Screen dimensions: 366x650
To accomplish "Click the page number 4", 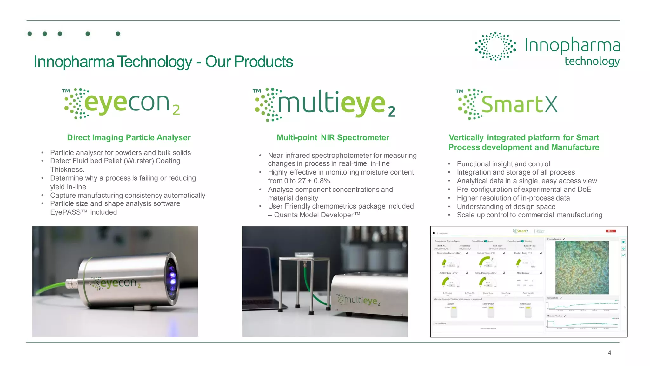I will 609,353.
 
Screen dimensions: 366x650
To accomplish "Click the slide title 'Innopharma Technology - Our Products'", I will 163,62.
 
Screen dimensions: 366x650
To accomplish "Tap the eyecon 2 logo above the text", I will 122,104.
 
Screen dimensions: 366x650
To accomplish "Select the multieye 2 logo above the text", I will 324,104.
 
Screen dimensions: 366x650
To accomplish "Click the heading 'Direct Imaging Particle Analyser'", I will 129,137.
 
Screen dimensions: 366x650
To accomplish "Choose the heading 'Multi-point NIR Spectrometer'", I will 333,137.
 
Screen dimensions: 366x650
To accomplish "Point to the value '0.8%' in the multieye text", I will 322,181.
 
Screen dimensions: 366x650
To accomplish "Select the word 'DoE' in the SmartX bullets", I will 584,190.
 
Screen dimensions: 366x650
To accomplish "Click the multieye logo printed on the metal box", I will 359,300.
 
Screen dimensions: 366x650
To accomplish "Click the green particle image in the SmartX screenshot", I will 582,267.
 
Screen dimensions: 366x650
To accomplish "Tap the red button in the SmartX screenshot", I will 611,231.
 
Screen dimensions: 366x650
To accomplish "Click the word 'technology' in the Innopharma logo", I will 592,61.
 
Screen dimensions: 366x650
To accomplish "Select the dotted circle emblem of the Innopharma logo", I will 495,46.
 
